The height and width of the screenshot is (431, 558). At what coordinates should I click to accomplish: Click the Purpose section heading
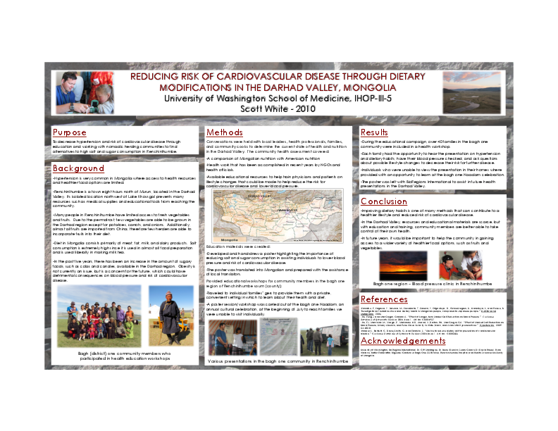[x=70, y=132]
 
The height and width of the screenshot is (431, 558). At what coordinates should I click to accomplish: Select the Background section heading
[x=78, y=168]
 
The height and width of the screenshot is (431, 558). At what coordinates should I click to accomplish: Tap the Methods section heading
[x=225, y=132]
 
